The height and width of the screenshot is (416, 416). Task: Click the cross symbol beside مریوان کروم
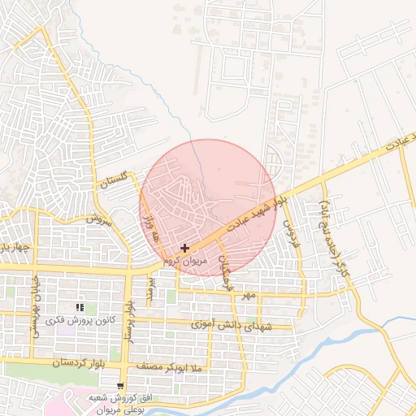[x=185, y=248]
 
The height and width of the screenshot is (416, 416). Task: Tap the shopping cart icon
[x=121, y=385]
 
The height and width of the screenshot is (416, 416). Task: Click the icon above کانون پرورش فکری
[x=80, y=307]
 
